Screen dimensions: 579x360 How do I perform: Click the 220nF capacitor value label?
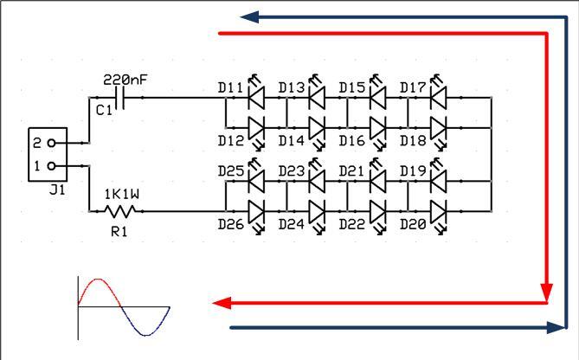coord(125,80)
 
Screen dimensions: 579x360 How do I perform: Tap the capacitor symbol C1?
coord(120,98)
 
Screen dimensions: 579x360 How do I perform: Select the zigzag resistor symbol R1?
coord(120,211)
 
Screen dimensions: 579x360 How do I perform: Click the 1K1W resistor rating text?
coord(122,194)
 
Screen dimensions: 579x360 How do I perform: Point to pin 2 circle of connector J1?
coord(52,143)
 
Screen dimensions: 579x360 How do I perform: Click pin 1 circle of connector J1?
coord(52,166)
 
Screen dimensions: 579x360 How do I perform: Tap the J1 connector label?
coord(57,190)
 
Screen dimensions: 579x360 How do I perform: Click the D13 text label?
coord(292,88)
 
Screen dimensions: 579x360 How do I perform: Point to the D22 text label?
coord(352,224)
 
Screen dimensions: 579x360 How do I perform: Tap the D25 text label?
coord(231,171)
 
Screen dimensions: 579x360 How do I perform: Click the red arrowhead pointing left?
coord(222,303)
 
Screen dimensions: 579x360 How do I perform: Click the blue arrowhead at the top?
coord(249,17)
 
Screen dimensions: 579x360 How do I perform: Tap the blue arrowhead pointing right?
coord(556,327)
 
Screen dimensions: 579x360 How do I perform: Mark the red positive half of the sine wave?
coord(99,292)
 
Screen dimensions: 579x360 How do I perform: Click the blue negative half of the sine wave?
coord(145,321)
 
